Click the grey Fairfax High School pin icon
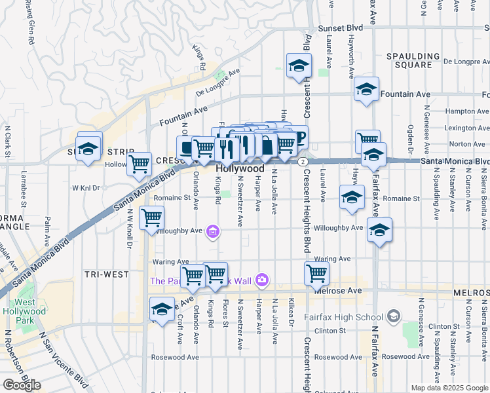click(393, 317)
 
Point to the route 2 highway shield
click(302, 160)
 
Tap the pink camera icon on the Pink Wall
click(262, 280)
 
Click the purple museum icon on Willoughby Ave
click(212, 231)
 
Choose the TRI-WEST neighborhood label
click(107, 274)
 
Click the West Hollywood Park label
click(31, 307)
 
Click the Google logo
click(22, 384)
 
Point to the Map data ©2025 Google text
click(449, 388)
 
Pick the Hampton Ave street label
click(467, 111)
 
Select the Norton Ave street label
click(468, 144)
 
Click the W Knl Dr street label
click(86, 188)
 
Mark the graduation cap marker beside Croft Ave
click(162, 309)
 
